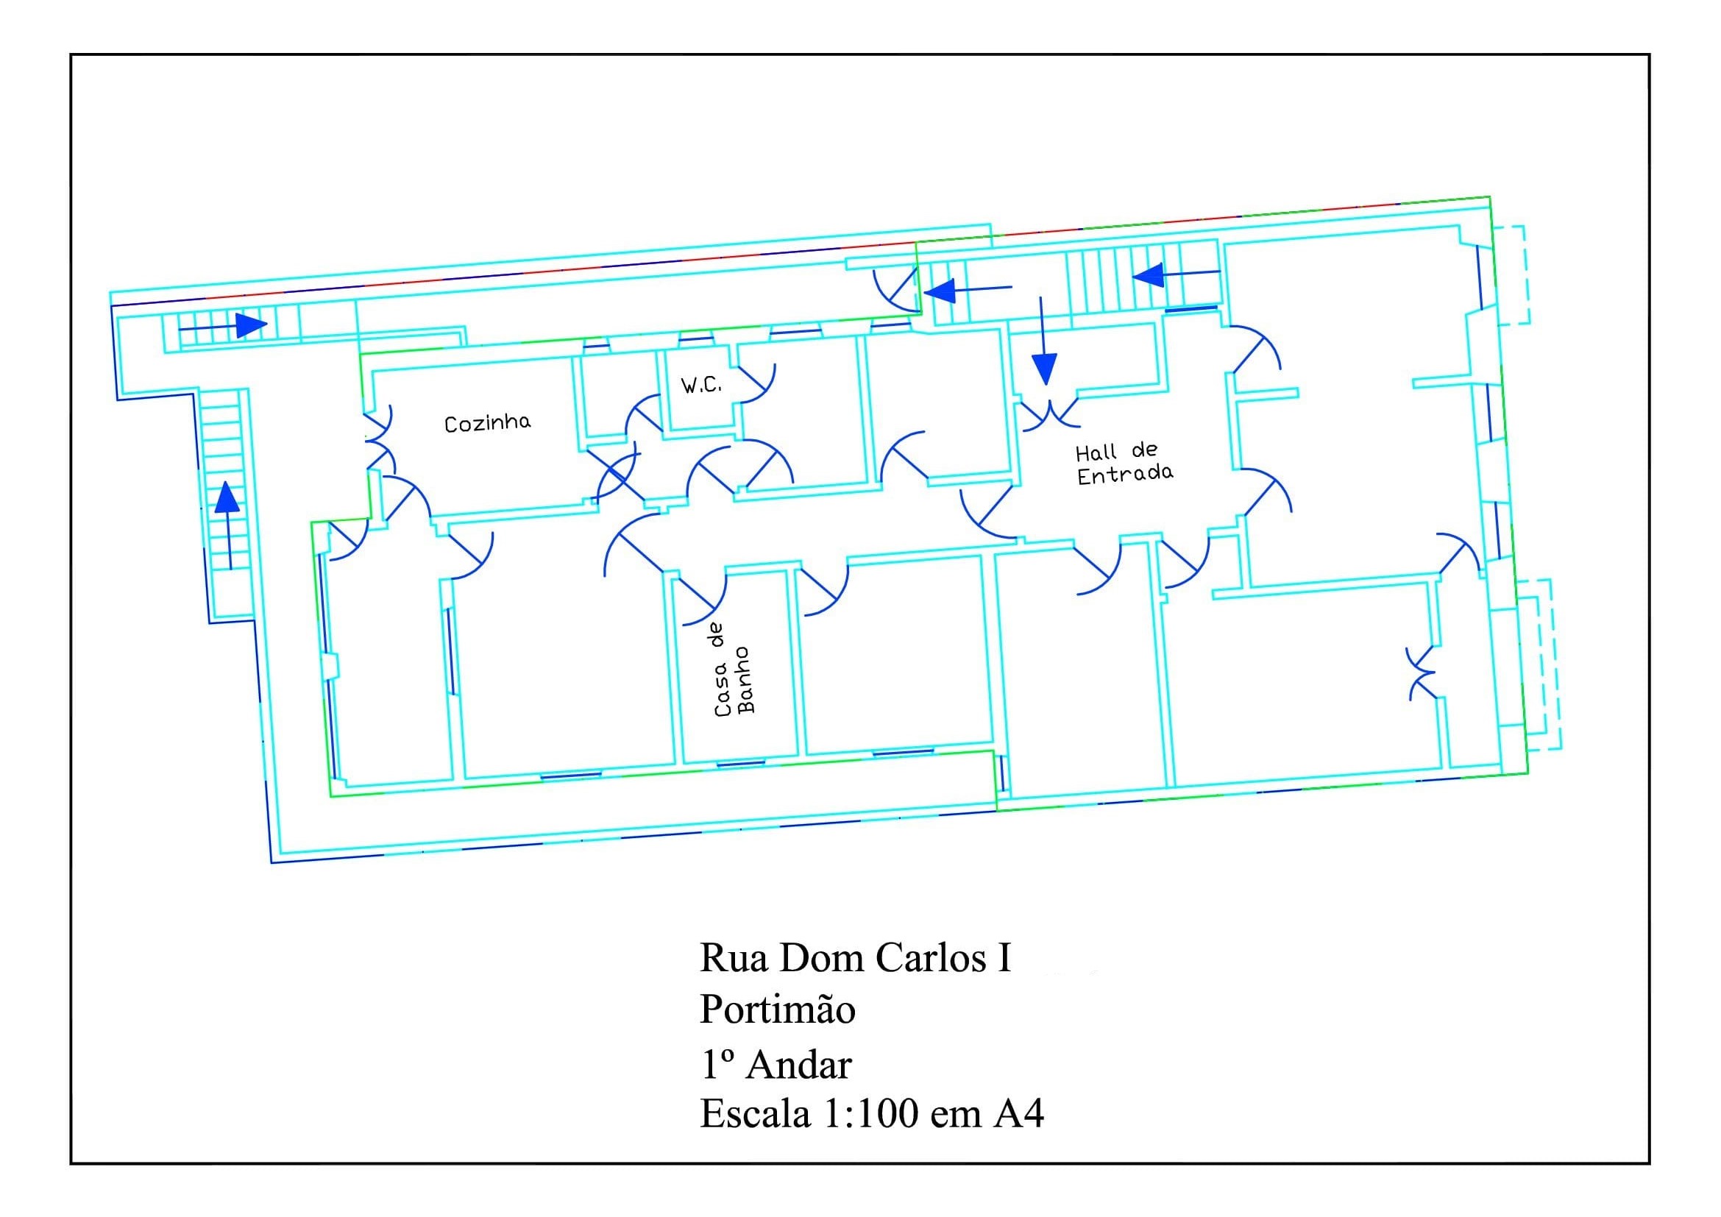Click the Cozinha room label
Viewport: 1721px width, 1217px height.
point(487,423)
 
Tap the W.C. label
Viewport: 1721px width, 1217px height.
point(701,387)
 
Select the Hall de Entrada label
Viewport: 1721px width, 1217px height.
point(1124,464)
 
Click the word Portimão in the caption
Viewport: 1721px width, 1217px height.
point(777,1010)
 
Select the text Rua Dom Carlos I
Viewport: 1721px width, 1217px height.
point(856,959)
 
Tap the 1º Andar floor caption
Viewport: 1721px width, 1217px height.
point(776,1064)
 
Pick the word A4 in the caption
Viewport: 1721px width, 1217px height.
point(1019,1114)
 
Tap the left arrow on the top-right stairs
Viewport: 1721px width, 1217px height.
point(1176,275)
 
